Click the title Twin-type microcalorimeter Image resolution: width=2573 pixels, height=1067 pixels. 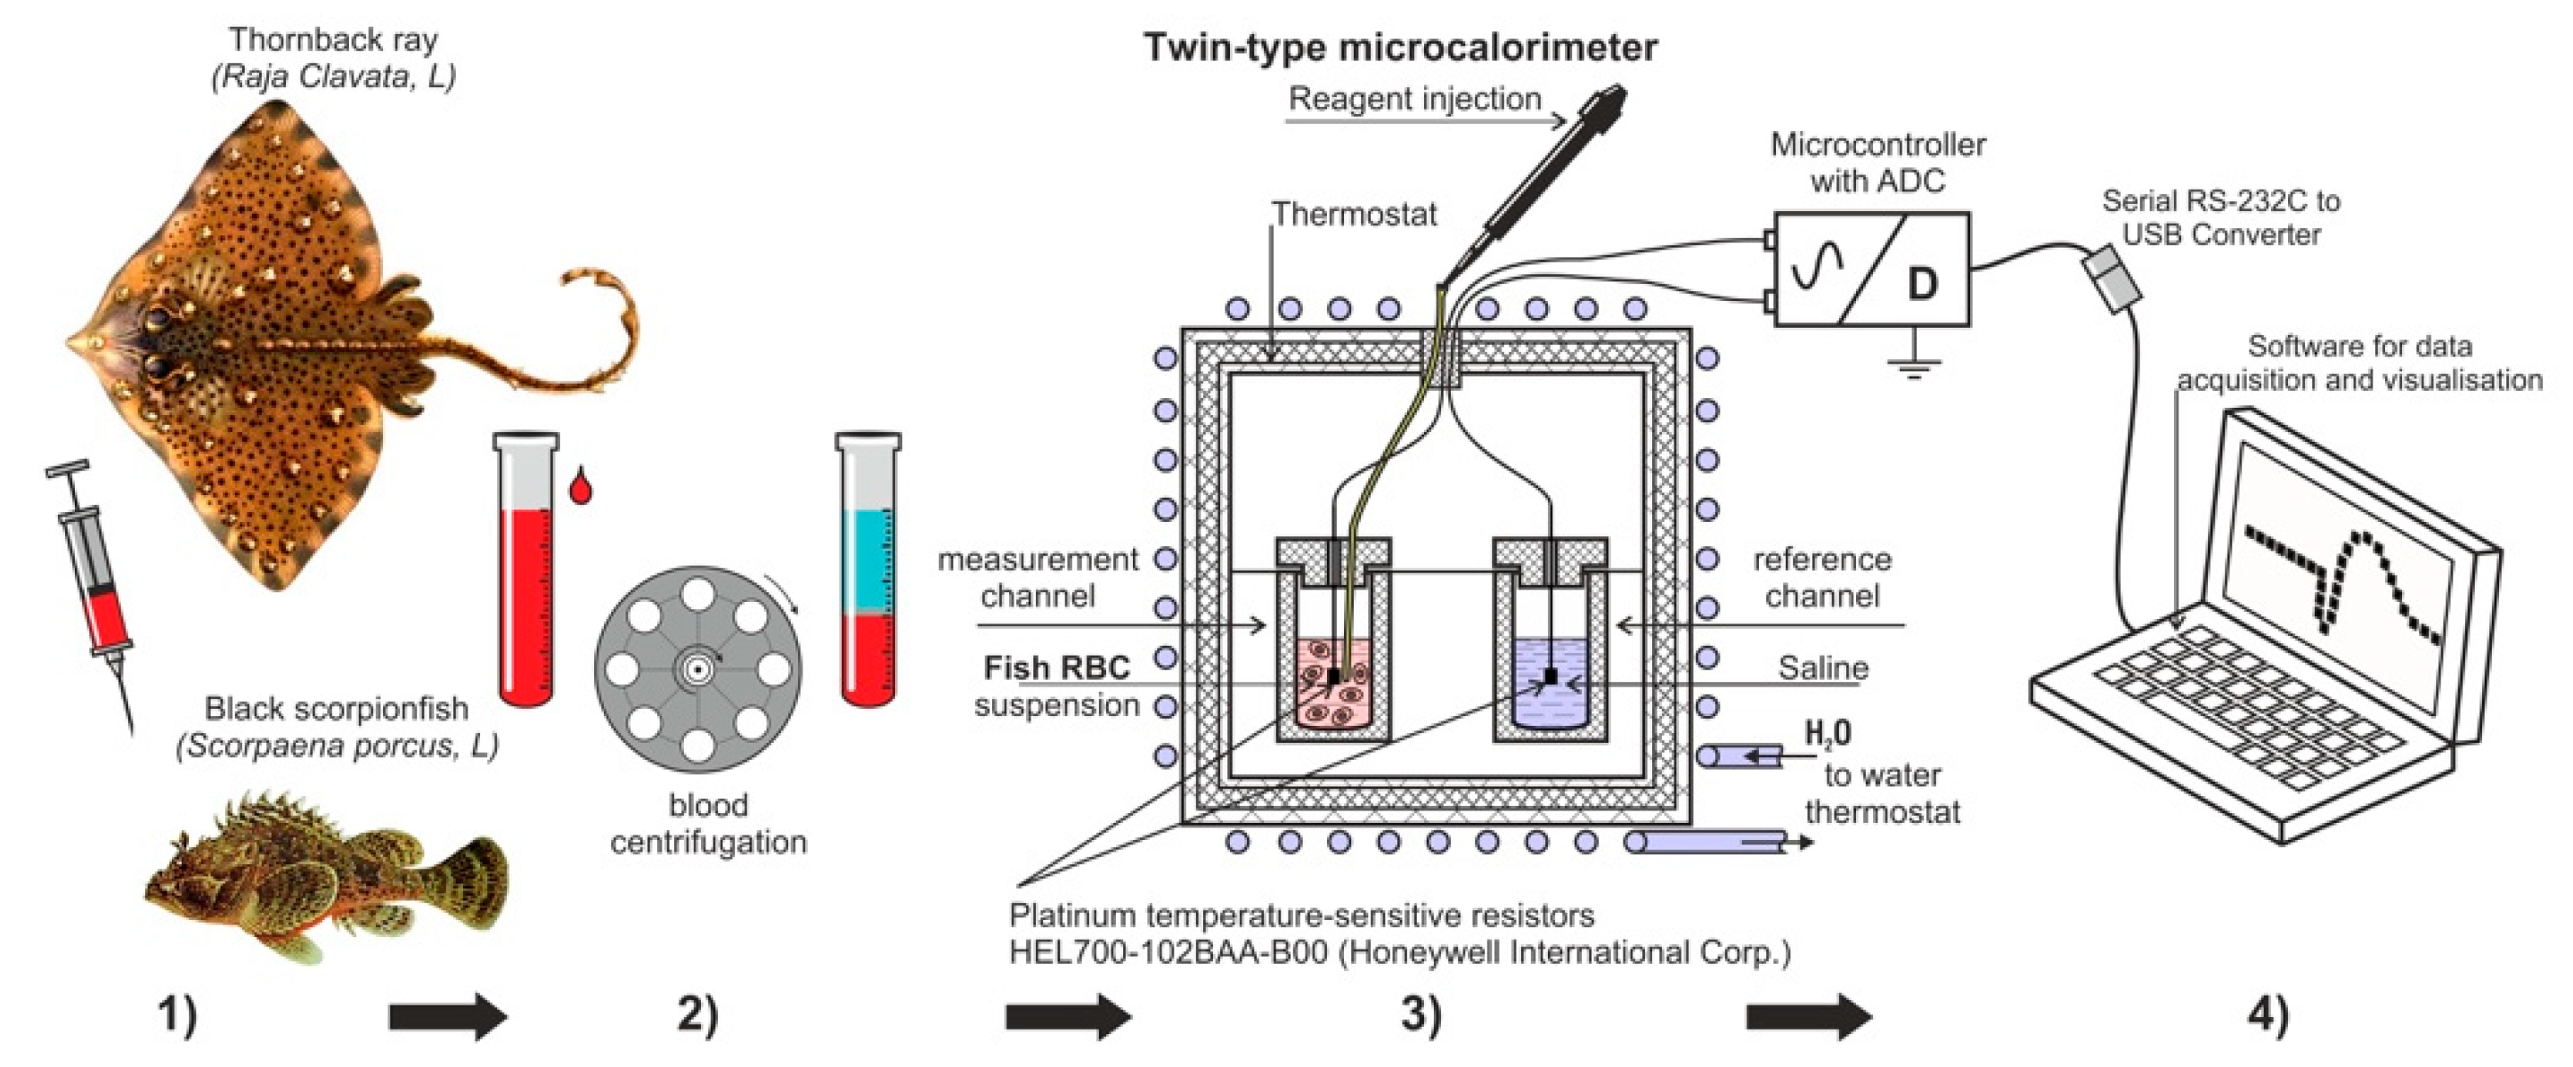(1400, 47)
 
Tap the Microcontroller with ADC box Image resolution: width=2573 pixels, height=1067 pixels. (1872, 269)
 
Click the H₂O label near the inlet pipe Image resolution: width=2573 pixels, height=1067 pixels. (1828, 734)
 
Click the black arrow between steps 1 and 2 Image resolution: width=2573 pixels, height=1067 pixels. (449, 1017)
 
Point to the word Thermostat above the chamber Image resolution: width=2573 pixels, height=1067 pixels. (1354, 214)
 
